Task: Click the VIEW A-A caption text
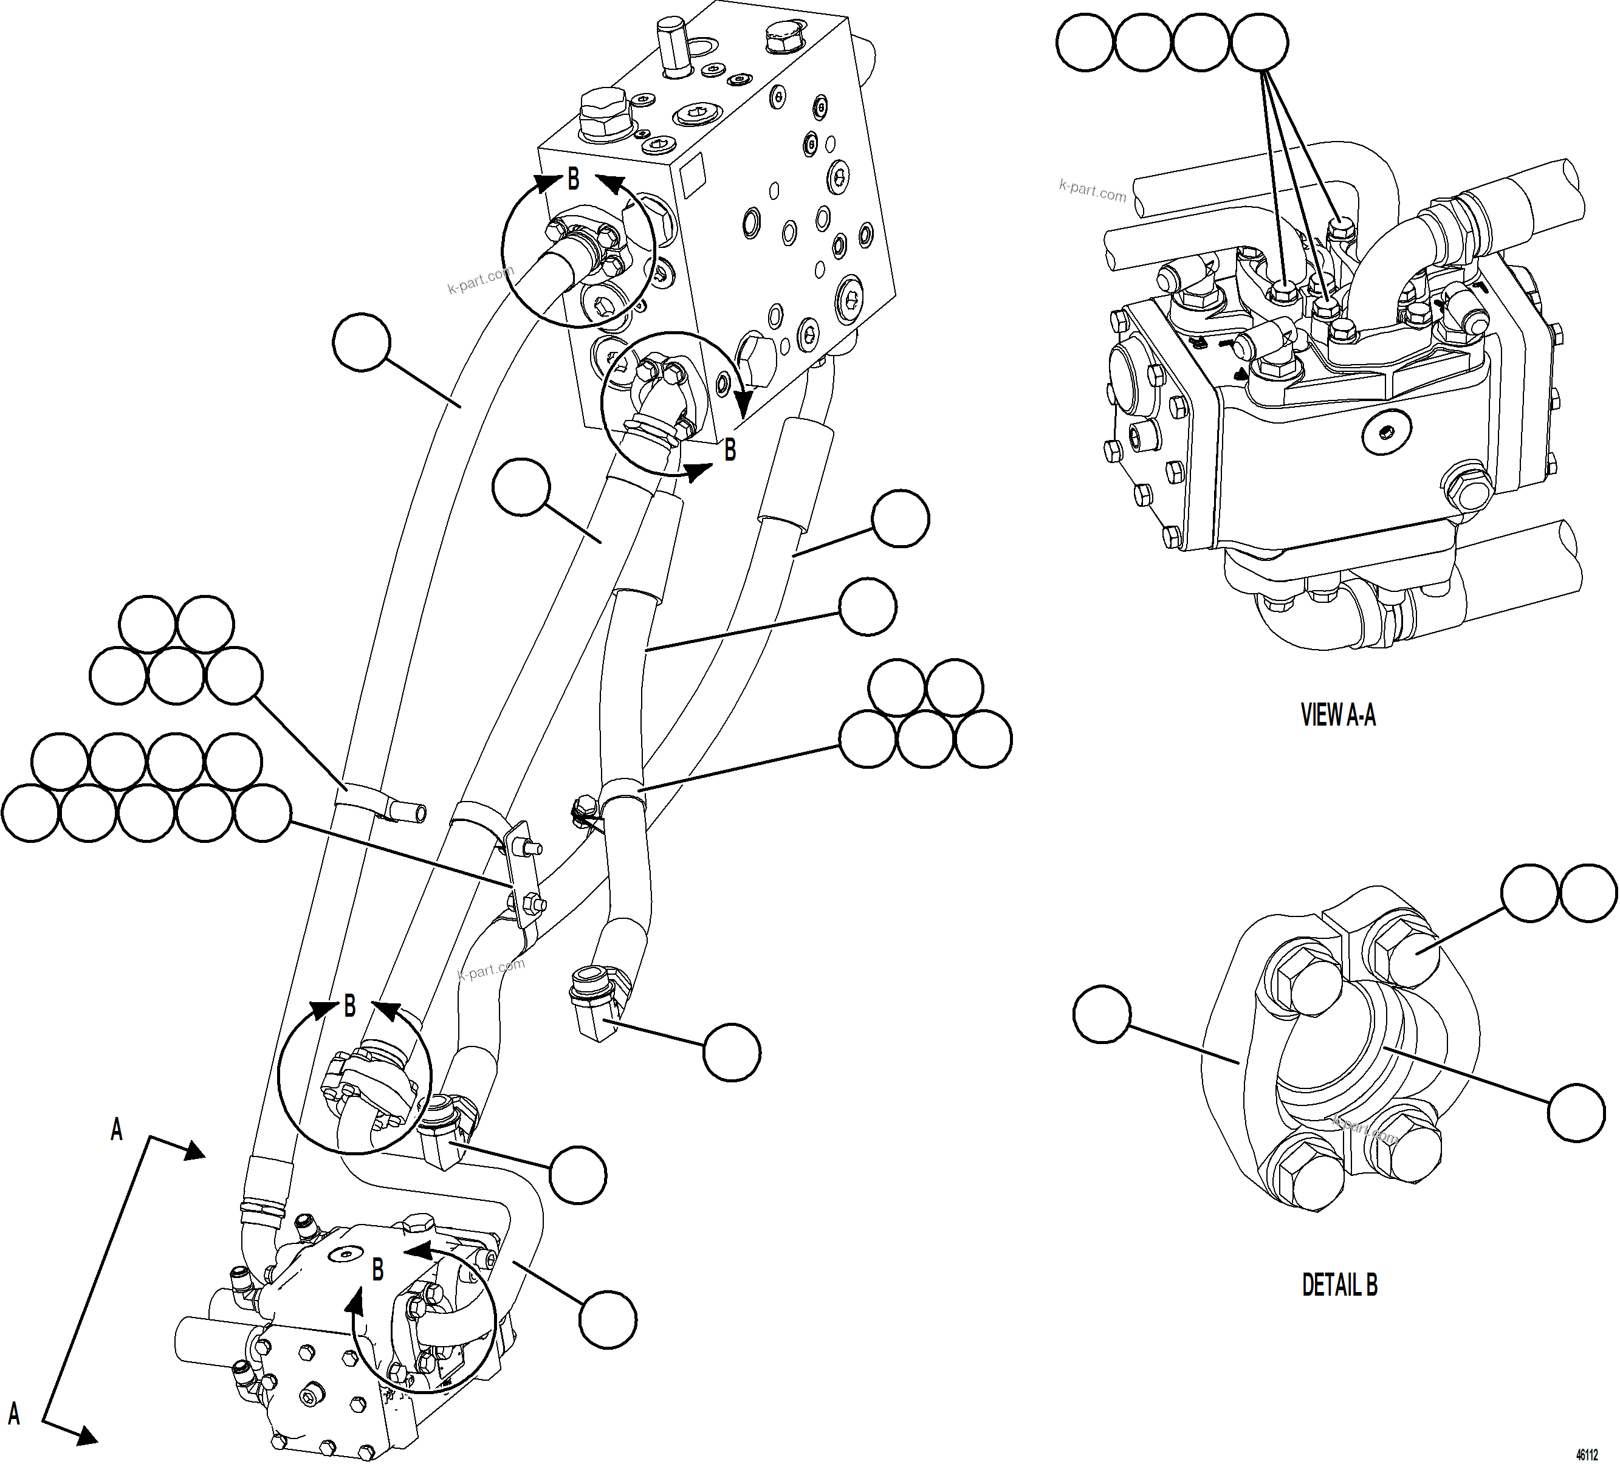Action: (1337, 714)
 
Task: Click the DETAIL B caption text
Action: (1339, 1285)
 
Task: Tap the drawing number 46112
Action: (1586, 1454)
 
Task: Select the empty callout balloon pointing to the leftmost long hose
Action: (361, 342)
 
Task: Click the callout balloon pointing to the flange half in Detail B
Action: (1102, 1015)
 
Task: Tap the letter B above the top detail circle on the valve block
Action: (573, 179)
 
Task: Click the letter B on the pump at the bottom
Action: (377, 1270)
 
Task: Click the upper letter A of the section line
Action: (117, 1130)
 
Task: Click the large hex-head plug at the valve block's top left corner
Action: (601, 113)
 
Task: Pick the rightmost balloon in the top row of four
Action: (1259, 42)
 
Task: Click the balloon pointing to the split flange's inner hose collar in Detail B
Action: (1576, 1113)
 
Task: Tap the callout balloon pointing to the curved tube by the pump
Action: (608, 1319)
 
